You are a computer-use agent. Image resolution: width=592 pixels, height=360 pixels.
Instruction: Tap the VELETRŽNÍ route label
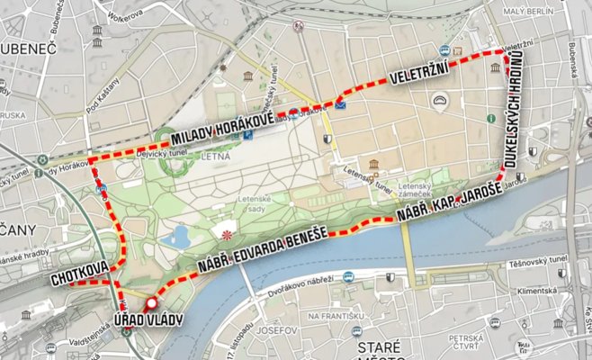click(419, 76)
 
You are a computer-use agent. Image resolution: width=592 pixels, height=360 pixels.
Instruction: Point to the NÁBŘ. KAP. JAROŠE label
click(447, 206)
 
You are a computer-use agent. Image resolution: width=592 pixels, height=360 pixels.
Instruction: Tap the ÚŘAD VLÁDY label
click(148, 321)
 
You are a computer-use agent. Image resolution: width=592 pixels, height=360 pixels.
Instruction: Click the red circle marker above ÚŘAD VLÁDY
click(151, 302)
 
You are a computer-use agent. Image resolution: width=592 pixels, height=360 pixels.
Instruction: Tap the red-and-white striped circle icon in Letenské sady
click(226, 234)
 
